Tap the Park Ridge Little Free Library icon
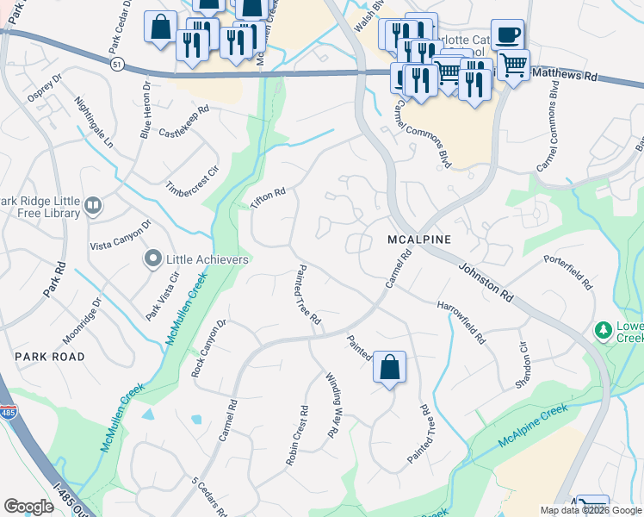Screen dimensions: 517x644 [x=93, y=206]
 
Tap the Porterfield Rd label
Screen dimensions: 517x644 [x=569, y=271]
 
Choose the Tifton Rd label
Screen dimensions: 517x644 [x=267, y=197]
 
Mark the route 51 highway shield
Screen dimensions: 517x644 [x=118, y=64]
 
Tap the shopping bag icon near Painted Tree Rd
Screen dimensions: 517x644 [x=389, y=366]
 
